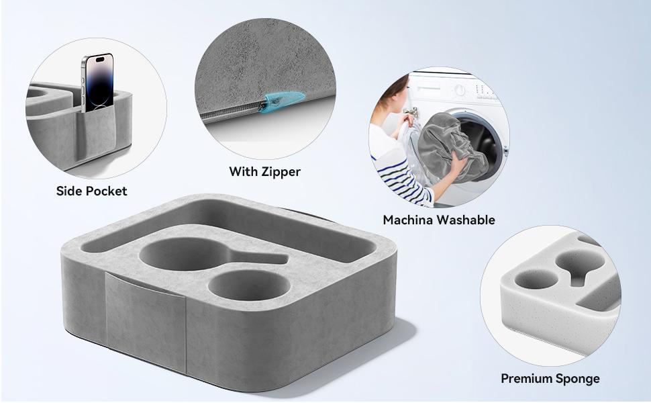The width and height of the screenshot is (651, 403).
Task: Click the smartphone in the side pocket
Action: point(97,83)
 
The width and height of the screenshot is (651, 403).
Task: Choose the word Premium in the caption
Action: point(525,379)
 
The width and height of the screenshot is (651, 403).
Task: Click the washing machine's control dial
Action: point(460,90)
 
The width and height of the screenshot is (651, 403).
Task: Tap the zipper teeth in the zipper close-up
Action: point(230,110)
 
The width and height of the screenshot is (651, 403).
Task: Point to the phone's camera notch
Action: point(99,59)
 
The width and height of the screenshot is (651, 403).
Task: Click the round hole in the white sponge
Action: point(536,279)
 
